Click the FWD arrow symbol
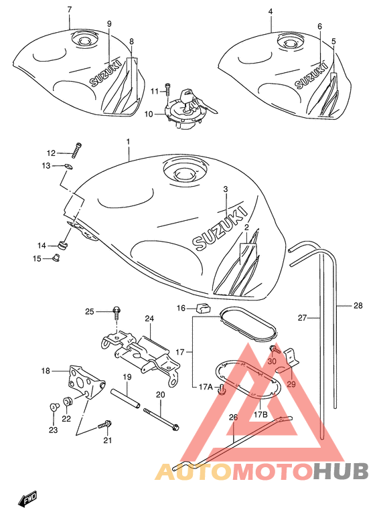(28, 497)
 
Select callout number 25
(90, 311)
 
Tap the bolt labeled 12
(76, 150)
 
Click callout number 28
(358, 306)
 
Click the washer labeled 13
(68, 166)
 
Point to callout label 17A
(206, 387)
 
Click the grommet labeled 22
(67, 400)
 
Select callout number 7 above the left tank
(69, 9)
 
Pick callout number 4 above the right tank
(271, 12)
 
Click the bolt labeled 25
(117, 313)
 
